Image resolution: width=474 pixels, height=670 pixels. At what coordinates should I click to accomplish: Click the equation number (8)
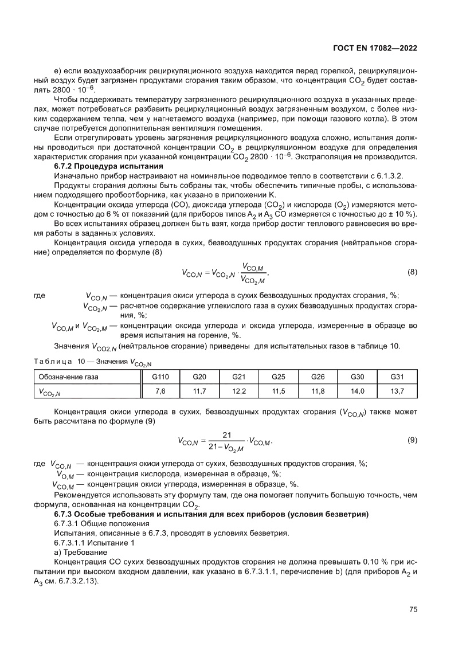coord(412,272)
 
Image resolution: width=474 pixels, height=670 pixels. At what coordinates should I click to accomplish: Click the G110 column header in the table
coord(160,377)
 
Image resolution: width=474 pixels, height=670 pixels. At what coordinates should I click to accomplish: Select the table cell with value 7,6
coord(160,391)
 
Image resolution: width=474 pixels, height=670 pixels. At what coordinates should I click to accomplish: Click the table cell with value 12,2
coord(239,391)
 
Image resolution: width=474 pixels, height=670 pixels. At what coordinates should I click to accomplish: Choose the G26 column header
coord(318,377)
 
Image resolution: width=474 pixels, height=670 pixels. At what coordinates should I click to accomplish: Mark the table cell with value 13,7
coord(397,391)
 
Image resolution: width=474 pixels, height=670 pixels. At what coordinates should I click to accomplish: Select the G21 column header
coord(239,377)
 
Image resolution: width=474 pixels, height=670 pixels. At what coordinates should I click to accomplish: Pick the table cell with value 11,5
coord(279,391)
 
